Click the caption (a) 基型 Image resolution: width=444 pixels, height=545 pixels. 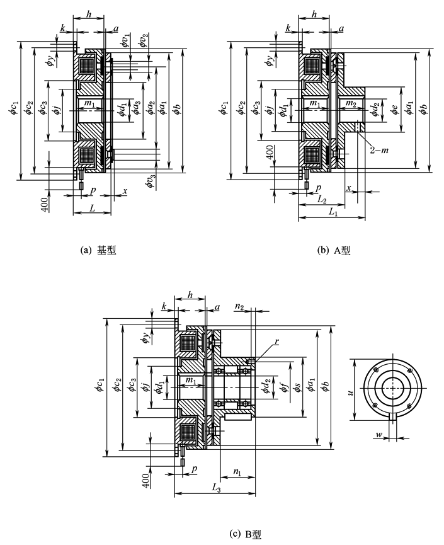click(x=99, y=250)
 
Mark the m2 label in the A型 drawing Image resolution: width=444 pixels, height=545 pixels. click(x=351, y=103)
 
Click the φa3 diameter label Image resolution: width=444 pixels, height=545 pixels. click(x=135, y=109)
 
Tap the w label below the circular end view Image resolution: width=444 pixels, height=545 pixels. click(x=378, y=435)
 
